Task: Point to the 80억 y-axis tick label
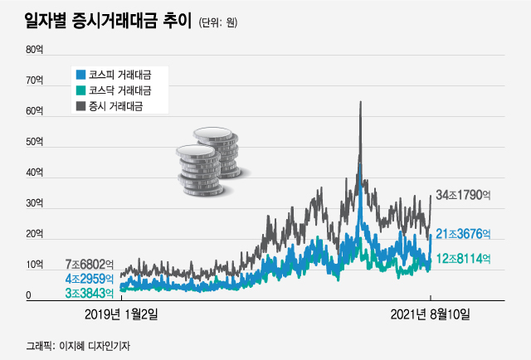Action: coord(34,50)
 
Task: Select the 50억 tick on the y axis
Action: coord(34,142)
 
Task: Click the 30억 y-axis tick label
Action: coord(34,203)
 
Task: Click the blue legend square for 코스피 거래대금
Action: coord(80,73)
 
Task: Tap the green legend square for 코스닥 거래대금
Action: coord(80,90)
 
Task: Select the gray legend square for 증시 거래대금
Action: coord(80,105)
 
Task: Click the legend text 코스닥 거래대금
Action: coord(120,90)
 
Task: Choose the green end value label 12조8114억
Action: coord(464,259)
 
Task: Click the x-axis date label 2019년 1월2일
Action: coord(122,315)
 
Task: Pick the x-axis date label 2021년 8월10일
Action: coord(431,315)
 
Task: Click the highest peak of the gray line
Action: coord(360,102)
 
